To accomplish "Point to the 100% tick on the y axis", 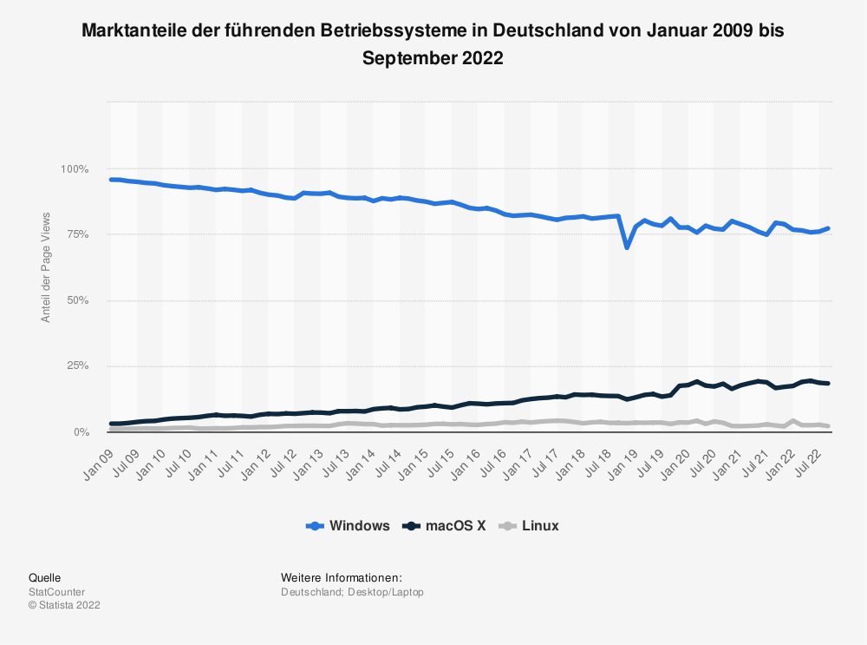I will coord(75,168).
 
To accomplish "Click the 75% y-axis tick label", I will coord(77,234).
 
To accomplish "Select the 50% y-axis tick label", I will coord(77,300).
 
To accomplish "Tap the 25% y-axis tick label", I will coord(77,366).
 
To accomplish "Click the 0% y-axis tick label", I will coord(80,431).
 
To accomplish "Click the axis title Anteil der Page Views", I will coord(46,267).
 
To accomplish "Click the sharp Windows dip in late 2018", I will coord(626,247).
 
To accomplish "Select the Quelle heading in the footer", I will coord(44,578).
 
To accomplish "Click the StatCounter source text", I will coord(56,592).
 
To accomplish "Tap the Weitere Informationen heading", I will coord(341,578).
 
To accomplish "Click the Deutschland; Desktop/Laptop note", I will coord(351,592).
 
